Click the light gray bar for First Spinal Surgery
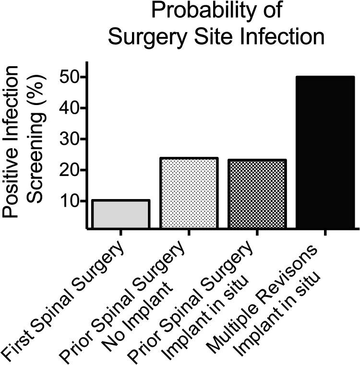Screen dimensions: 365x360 [120, 214]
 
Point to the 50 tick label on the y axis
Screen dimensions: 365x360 [71, 77]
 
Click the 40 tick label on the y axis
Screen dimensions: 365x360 [71, 108]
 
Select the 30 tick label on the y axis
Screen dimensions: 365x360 [71, 139]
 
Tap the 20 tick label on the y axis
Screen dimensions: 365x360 [71, 170]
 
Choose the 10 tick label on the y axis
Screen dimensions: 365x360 [71, 201]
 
